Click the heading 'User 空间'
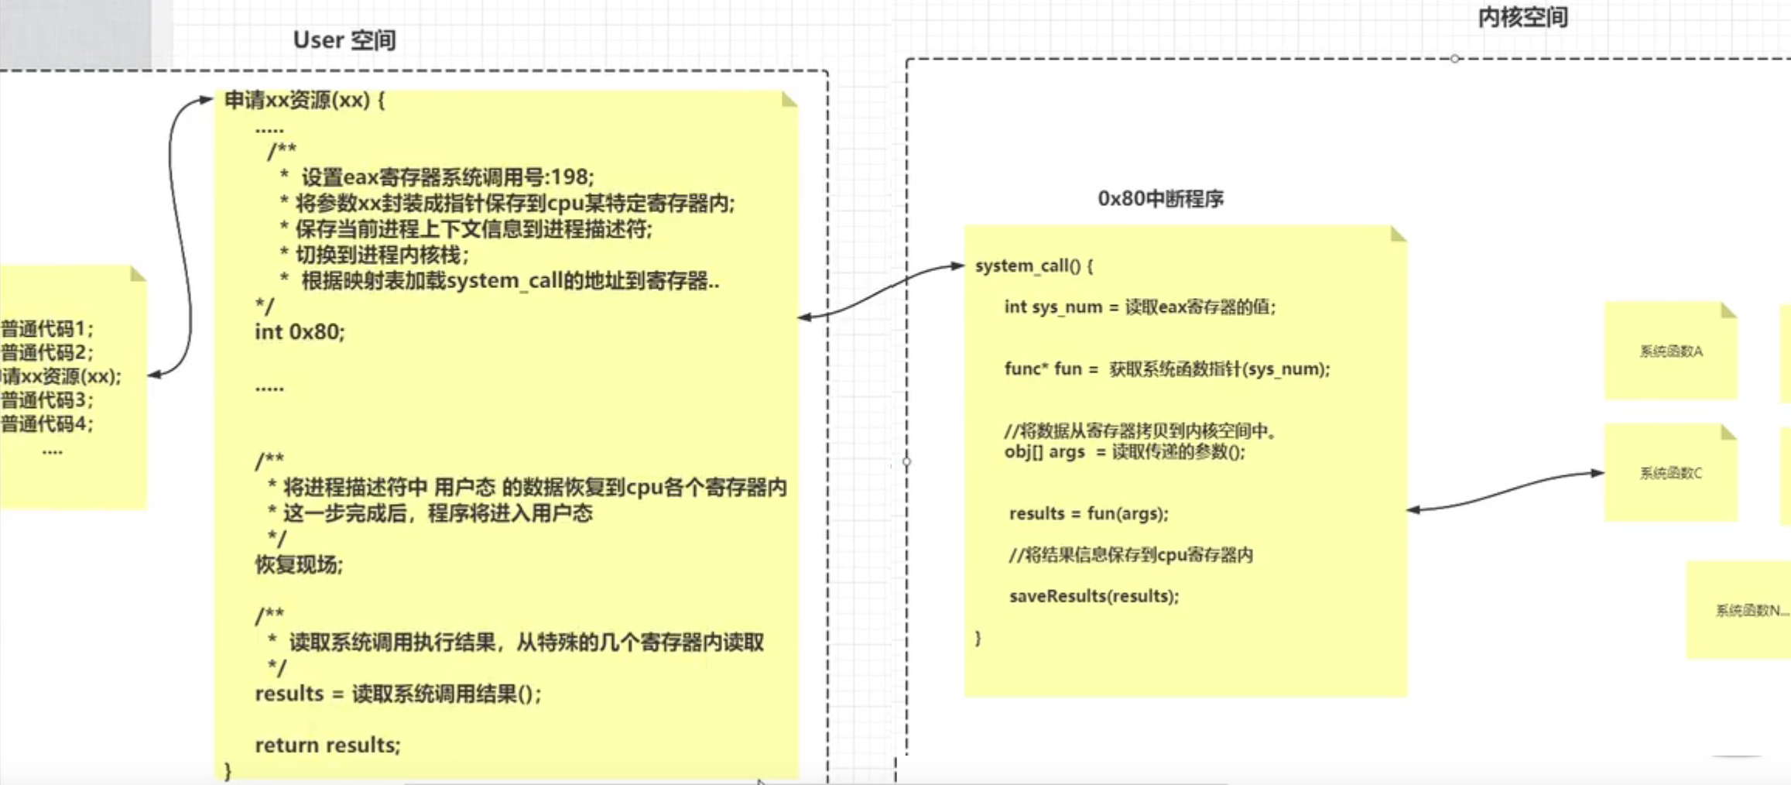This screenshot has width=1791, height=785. click(344, 40)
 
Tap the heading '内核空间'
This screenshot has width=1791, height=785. click(1522, 17)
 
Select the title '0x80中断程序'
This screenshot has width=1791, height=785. click(1160, 199)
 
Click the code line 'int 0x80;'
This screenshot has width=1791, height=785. click(300, 332)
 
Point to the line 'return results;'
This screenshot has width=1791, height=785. click(327, 745)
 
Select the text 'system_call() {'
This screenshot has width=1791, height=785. click(1034, 266)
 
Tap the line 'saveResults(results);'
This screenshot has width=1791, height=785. click(1094, 596)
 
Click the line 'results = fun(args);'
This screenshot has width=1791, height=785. click(1088, 513)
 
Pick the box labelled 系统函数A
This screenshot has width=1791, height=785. click(1670, 351)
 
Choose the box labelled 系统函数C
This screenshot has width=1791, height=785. click(1670, 473)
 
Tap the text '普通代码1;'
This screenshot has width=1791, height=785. click(46, 329)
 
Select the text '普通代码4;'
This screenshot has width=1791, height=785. click(46, 424)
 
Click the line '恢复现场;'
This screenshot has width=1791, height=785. click(299, 564)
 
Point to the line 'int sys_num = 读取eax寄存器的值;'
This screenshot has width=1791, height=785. click(1139, 307)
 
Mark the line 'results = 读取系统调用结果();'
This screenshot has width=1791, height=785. click(398, 694)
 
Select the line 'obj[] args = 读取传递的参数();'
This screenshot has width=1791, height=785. click(1125, 452)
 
